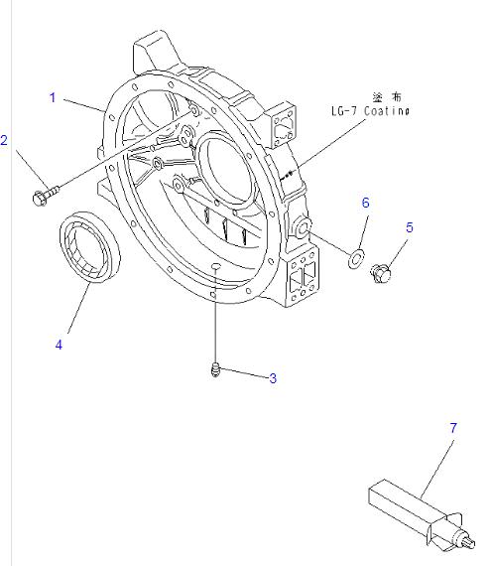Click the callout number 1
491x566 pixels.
pos(53,97)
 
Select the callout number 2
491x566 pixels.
pos(5,141)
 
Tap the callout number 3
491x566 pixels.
pos(272,378)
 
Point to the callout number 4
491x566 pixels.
pos(59,345)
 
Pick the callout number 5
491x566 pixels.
pos(409,227)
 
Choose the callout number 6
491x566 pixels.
pos(365,203)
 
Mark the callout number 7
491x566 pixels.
pos(453,428)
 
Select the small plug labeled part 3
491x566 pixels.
pos(214,372)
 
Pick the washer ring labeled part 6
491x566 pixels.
pos(355,260)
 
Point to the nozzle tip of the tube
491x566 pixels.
pos(466,543)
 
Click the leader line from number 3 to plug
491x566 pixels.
pos(244,376)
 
